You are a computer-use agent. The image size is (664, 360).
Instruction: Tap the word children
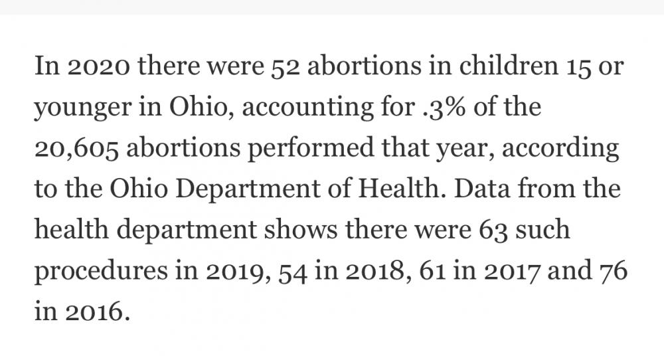[509, 66]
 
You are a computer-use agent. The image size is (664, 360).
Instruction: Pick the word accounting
[307, 108]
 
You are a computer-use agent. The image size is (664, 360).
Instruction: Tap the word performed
[310, 149]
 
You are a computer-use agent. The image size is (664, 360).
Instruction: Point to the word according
[560, 149]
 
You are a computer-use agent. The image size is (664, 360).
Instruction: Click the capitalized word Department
[247, 189]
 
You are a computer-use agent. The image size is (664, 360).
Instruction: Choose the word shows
[301, 230]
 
